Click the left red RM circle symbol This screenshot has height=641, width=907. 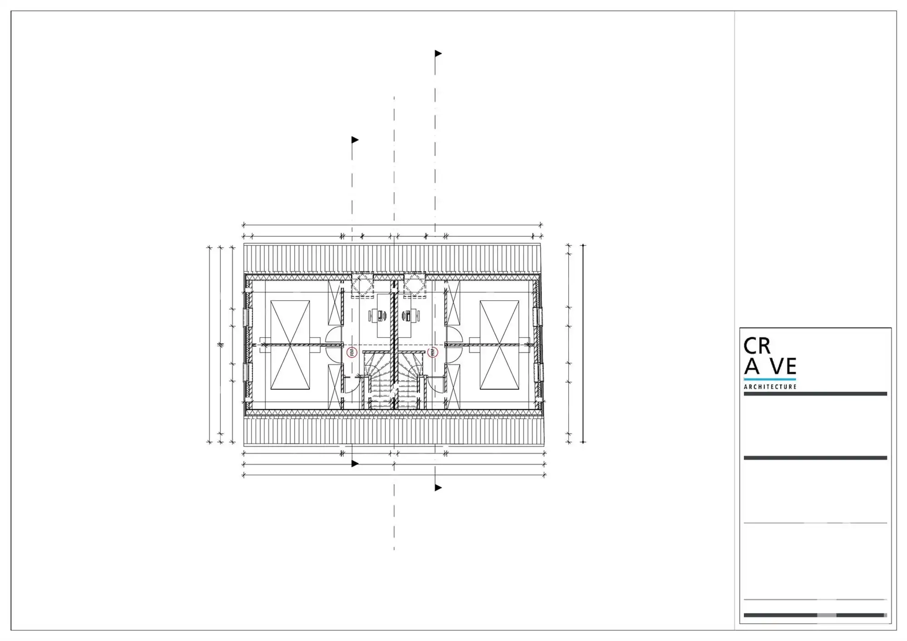352,352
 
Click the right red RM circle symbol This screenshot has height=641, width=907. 433,352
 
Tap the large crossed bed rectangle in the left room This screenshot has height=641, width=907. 290,345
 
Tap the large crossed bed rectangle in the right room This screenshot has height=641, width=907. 499,345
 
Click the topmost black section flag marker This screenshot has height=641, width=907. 438,53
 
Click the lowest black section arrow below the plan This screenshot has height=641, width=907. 438,488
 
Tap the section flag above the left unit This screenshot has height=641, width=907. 355,140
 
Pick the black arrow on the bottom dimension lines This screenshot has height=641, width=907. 355,464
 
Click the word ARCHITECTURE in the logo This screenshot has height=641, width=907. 770,387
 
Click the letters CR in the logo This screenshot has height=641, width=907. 757,346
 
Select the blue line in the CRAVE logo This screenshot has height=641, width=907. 770,379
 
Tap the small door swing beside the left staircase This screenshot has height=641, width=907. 351,385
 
